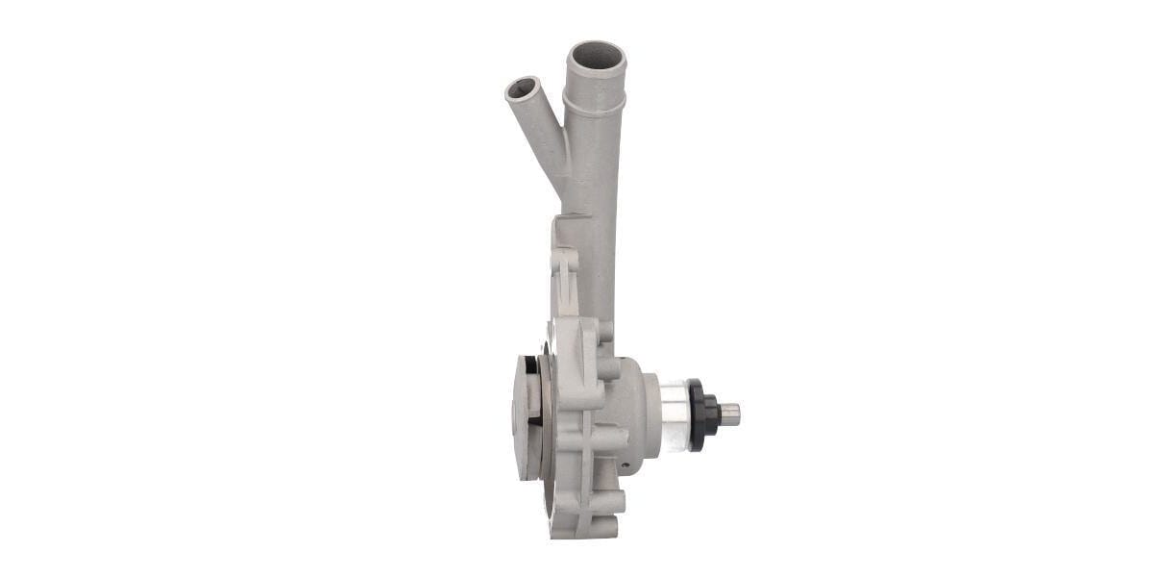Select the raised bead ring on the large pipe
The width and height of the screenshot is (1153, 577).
(x=595, y=100)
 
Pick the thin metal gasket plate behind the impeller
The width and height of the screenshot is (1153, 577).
(x=546, y=414)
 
